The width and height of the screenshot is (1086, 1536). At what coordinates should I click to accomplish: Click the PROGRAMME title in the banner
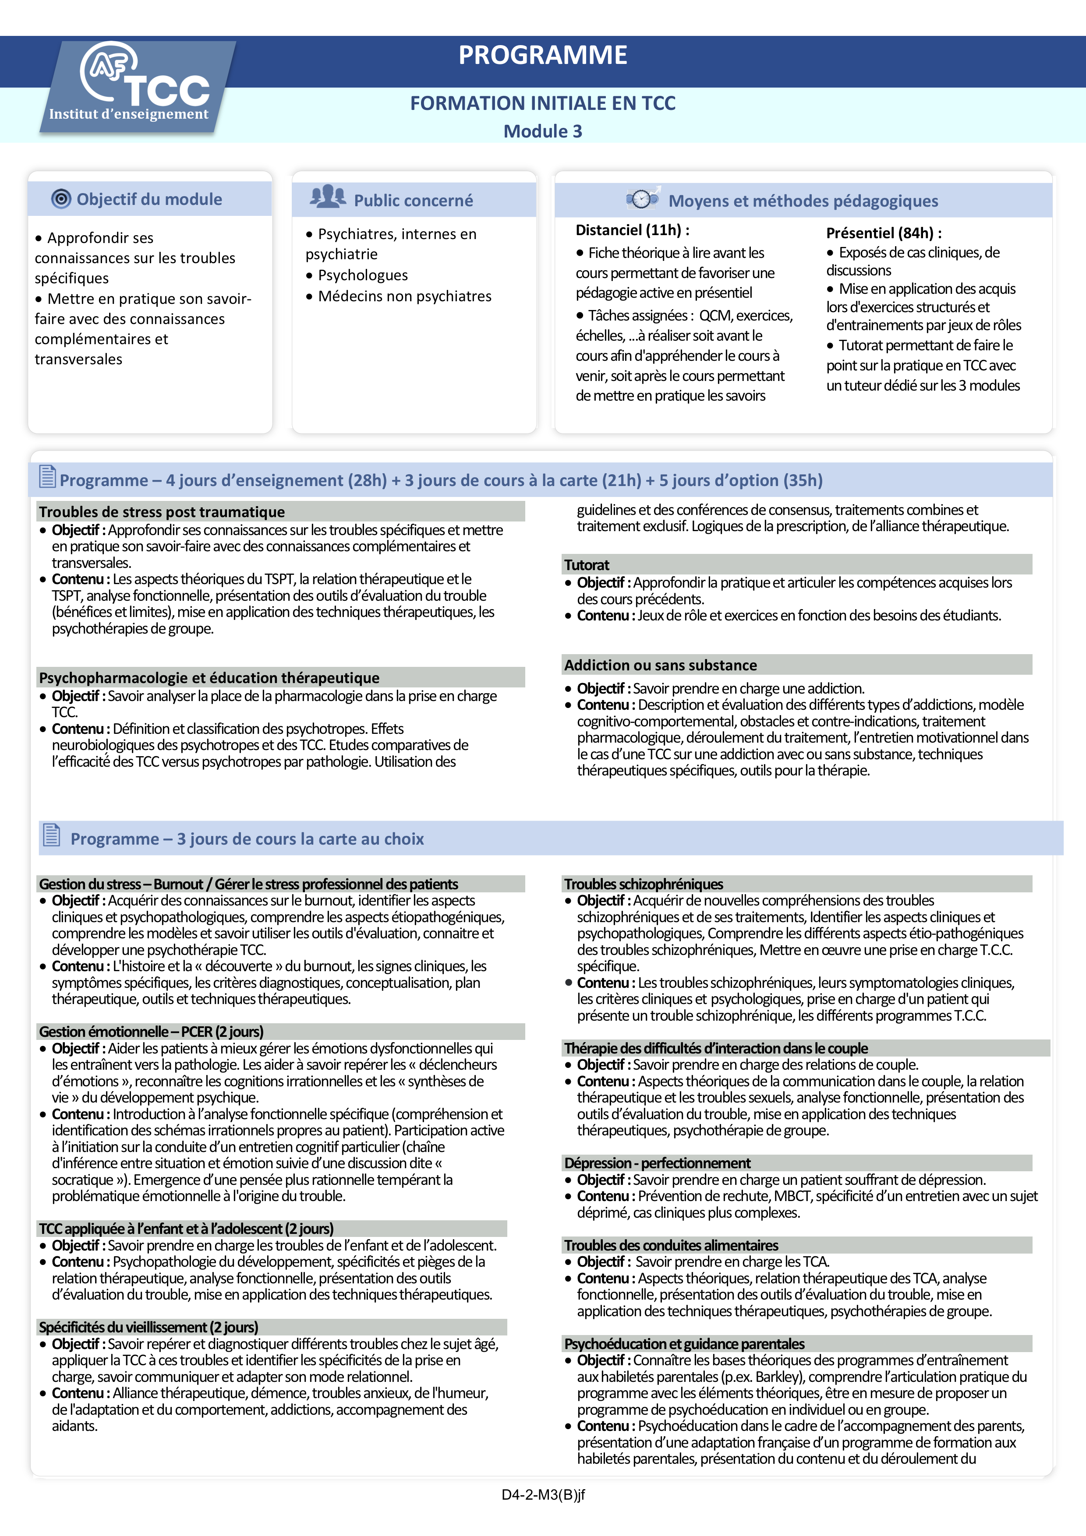pos(543,55)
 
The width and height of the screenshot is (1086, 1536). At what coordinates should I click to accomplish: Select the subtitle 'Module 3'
pos(543,131)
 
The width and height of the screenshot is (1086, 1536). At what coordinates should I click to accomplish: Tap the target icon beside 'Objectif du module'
pos(61,199)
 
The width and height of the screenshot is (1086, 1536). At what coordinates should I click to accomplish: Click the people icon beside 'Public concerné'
pos(327,196)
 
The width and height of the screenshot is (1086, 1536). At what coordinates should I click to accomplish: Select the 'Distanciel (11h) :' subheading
pos(632,230)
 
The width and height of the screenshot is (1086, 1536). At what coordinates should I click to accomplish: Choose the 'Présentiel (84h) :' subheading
pos(883,233)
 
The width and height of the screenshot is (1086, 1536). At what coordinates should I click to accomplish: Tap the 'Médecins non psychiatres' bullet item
pos(404,296)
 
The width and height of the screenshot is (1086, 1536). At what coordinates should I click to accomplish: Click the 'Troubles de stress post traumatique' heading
pos(162,512)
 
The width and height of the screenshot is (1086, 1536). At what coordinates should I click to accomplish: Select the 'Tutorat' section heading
pos(587,565)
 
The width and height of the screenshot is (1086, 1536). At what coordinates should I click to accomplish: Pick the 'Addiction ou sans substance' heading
pos(661,665)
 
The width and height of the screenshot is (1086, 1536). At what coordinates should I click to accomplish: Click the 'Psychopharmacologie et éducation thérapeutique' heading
pos(209,678)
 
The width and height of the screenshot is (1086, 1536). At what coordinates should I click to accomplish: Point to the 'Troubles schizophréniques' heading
pos(643,884)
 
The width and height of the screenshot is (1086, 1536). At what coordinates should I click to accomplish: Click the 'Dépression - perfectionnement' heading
pos(657,1163)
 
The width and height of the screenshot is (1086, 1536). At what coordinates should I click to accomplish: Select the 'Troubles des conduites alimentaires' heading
pos(671,1245)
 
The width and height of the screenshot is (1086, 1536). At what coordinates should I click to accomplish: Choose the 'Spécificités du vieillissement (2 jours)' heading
pos(149,1327)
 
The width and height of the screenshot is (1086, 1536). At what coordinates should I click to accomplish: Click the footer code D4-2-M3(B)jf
pos(543,1494)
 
